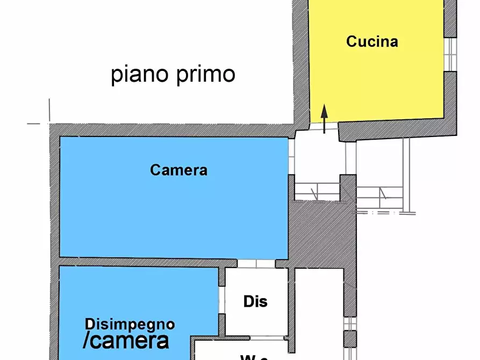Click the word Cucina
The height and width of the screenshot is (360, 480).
372,41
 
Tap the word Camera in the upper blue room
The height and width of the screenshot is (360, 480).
178,170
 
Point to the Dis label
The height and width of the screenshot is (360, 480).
255,301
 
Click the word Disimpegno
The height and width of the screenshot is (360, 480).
130,324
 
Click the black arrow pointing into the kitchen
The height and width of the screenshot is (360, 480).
324,119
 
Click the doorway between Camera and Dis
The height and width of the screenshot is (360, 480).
256,263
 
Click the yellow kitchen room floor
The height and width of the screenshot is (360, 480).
376,81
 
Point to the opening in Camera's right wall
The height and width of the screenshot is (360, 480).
291,156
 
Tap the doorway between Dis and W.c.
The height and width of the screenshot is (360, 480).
267,338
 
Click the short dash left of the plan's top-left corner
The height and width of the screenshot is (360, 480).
34,124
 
